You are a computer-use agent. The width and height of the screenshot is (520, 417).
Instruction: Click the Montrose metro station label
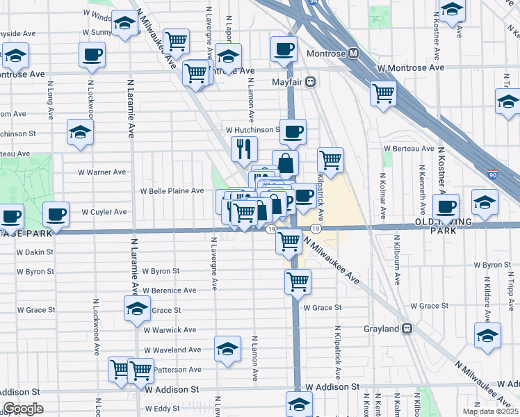(332, 53)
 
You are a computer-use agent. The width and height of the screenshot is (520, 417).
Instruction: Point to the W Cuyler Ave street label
(104, 211)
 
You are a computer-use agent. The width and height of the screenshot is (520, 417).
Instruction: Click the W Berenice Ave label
(170, 290)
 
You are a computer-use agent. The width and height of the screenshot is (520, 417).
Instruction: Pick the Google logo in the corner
(22, 409)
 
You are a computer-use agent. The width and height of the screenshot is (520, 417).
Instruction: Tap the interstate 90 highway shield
(492, 175)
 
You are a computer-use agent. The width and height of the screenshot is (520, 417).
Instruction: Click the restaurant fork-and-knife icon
(244, 147)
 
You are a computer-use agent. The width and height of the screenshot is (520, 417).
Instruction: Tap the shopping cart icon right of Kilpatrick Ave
(331, 159)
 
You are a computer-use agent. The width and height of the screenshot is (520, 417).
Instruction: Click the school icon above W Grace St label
(138, 308)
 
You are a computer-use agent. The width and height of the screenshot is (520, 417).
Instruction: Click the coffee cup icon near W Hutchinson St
(293, 130)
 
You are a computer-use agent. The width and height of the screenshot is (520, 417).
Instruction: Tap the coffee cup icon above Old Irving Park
(446, 206)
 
